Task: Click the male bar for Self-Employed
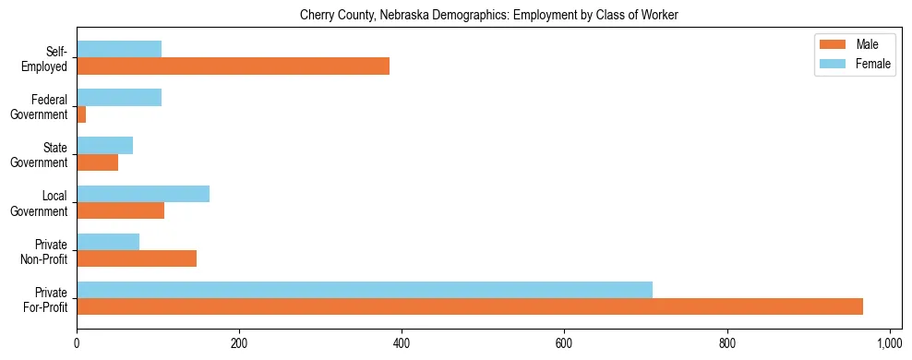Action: click(x=233, y=66)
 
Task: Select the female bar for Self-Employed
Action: click(x=119, y=49)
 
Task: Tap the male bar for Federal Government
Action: click(x=81, y=114)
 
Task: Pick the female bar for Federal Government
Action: click(x=119, y=97)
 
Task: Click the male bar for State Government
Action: click(x=97, y=162)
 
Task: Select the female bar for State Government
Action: click(x=104, y=145)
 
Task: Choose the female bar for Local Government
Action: click(x=143, y=193)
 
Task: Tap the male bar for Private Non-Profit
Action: click(x=137, y=258)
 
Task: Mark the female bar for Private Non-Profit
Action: click(x=108, y=241)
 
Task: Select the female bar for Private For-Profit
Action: click(x=365, y=289)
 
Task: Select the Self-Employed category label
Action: click(x=51, y=58)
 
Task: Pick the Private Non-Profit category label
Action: click(x=47, y=251)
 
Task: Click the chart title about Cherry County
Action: click(x=488, y=15)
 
